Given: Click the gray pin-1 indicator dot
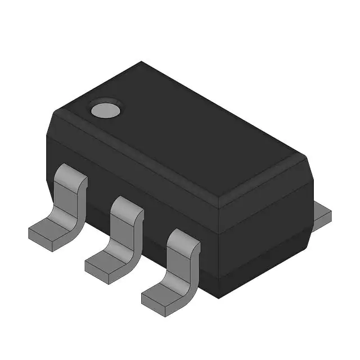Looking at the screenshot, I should [106, 109].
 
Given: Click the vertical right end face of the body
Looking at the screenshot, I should [264, 236].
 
